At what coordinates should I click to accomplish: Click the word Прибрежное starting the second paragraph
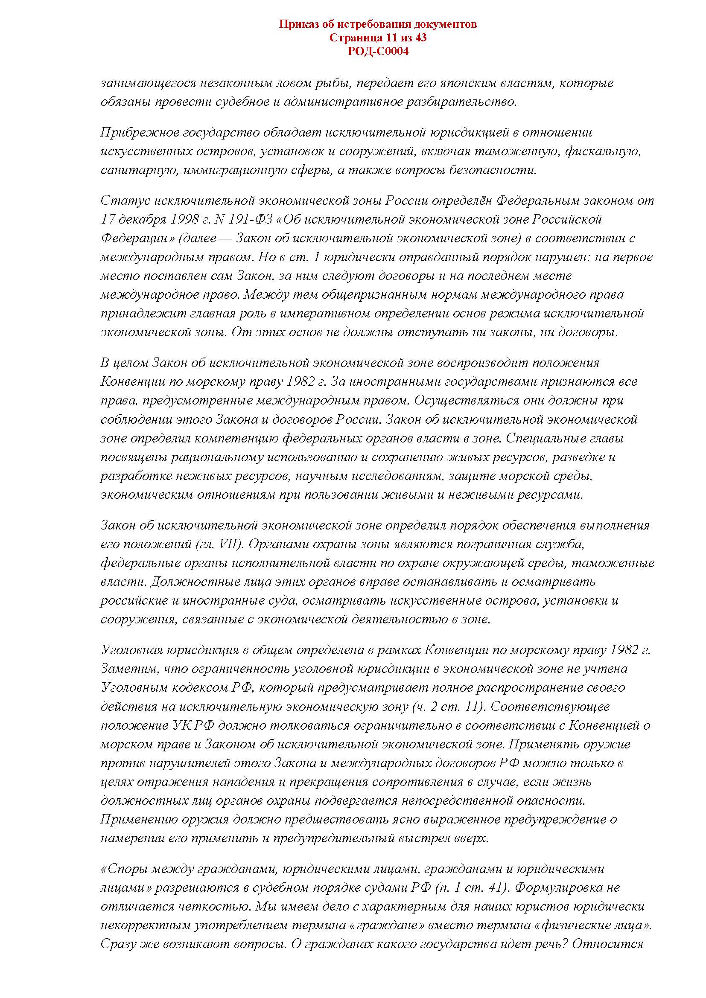coord(140,132)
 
